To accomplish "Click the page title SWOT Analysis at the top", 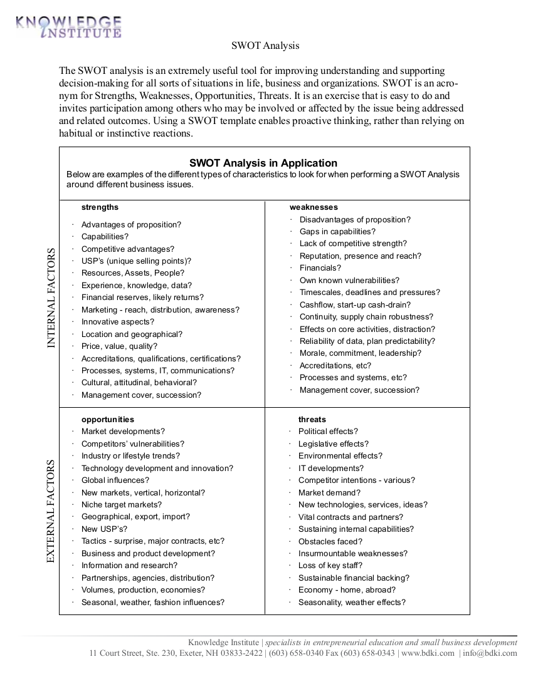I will pos(265,46).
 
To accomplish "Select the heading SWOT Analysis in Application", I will pos(263,163).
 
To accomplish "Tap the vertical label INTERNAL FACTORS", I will pos(51,298).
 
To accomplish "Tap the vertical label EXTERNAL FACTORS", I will pos(51,510).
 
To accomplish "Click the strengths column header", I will pos(100,207).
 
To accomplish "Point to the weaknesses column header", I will pos(314,207).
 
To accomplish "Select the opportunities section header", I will pos(107,420).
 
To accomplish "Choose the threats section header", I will pos(312,420).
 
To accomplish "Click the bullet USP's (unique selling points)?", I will pos(136,261).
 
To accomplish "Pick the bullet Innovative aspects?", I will pos(117,322).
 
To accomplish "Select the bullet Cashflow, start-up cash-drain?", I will pos(355,305).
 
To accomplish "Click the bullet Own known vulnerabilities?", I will pos(349,281).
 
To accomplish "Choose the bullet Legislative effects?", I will pos(333,444).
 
